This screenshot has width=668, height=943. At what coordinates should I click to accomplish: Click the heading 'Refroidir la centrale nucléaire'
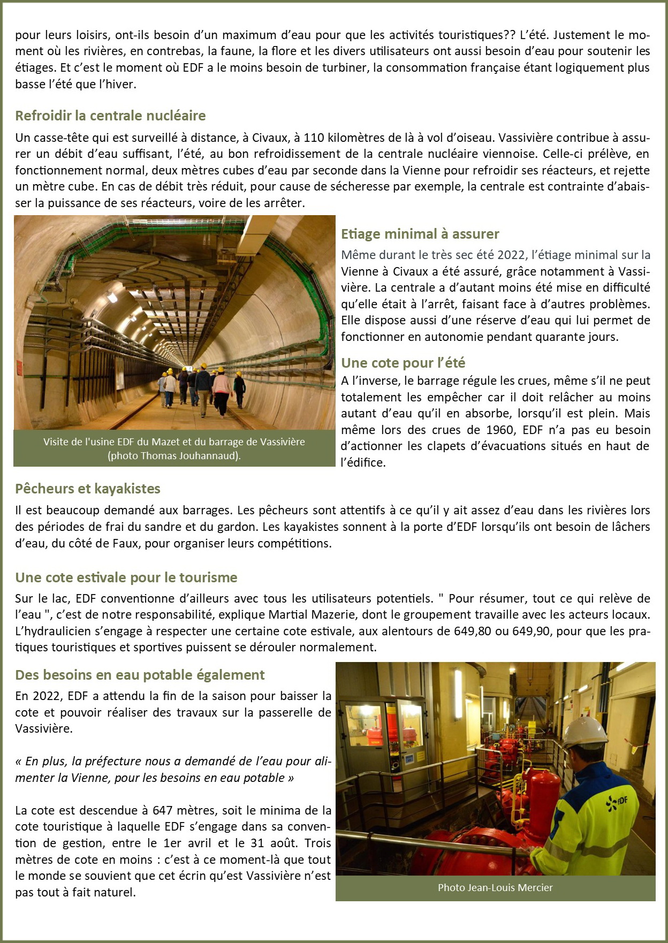(x=110, y=116)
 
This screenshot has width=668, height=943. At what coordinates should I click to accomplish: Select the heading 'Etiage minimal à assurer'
(x=420, y=234)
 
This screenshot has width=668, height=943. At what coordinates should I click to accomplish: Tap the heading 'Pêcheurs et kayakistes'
(x=88, y=489)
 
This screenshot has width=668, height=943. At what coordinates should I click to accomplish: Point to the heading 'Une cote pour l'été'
(x=403, y=363)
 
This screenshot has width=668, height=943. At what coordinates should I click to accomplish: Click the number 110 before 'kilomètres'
(x=314, y=138)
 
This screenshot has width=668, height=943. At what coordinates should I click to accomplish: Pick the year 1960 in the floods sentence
(x=500, y=430)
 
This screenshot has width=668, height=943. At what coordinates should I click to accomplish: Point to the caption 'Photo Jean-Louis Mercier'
(x=495, y=888)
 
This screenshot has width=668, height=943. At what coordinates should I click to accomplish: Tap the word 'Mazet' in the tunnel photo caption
(x=166, y=442)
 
